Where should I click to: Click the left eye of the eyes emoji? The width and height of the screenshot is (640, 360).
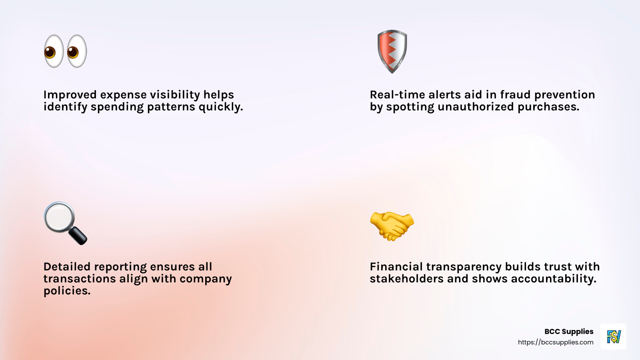[54, 51]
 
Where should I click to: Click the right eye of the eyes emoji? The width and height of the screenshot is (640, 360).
[77, 51]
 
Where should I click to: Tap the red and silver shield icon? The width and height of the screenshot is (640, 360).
[392, 51]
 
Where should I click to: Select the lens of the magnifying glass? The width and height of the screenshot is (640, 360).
[59, 217]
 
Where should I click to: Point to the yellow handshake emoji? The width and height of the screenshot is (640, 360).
[392, 226]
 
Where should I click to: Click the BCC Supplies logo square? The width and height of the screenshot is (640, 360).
[613, 336]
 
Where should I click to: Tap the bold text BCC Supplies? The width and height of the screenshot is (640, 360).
[569, 332]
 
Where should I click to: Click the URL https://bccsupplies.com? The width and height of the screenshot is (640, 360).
[556, 342]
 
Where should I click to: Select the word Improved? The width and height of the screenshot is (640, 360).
[70, 95]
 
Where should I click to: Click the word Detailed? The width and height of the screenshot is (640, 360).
[67, 267]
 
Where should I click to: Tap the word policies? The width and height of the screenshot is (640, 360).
[67, 291]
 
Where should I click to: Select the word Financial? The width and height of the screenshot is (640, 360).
[396, 267]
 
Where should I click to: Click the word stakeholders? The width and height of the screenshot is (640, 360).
[407, 279]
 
